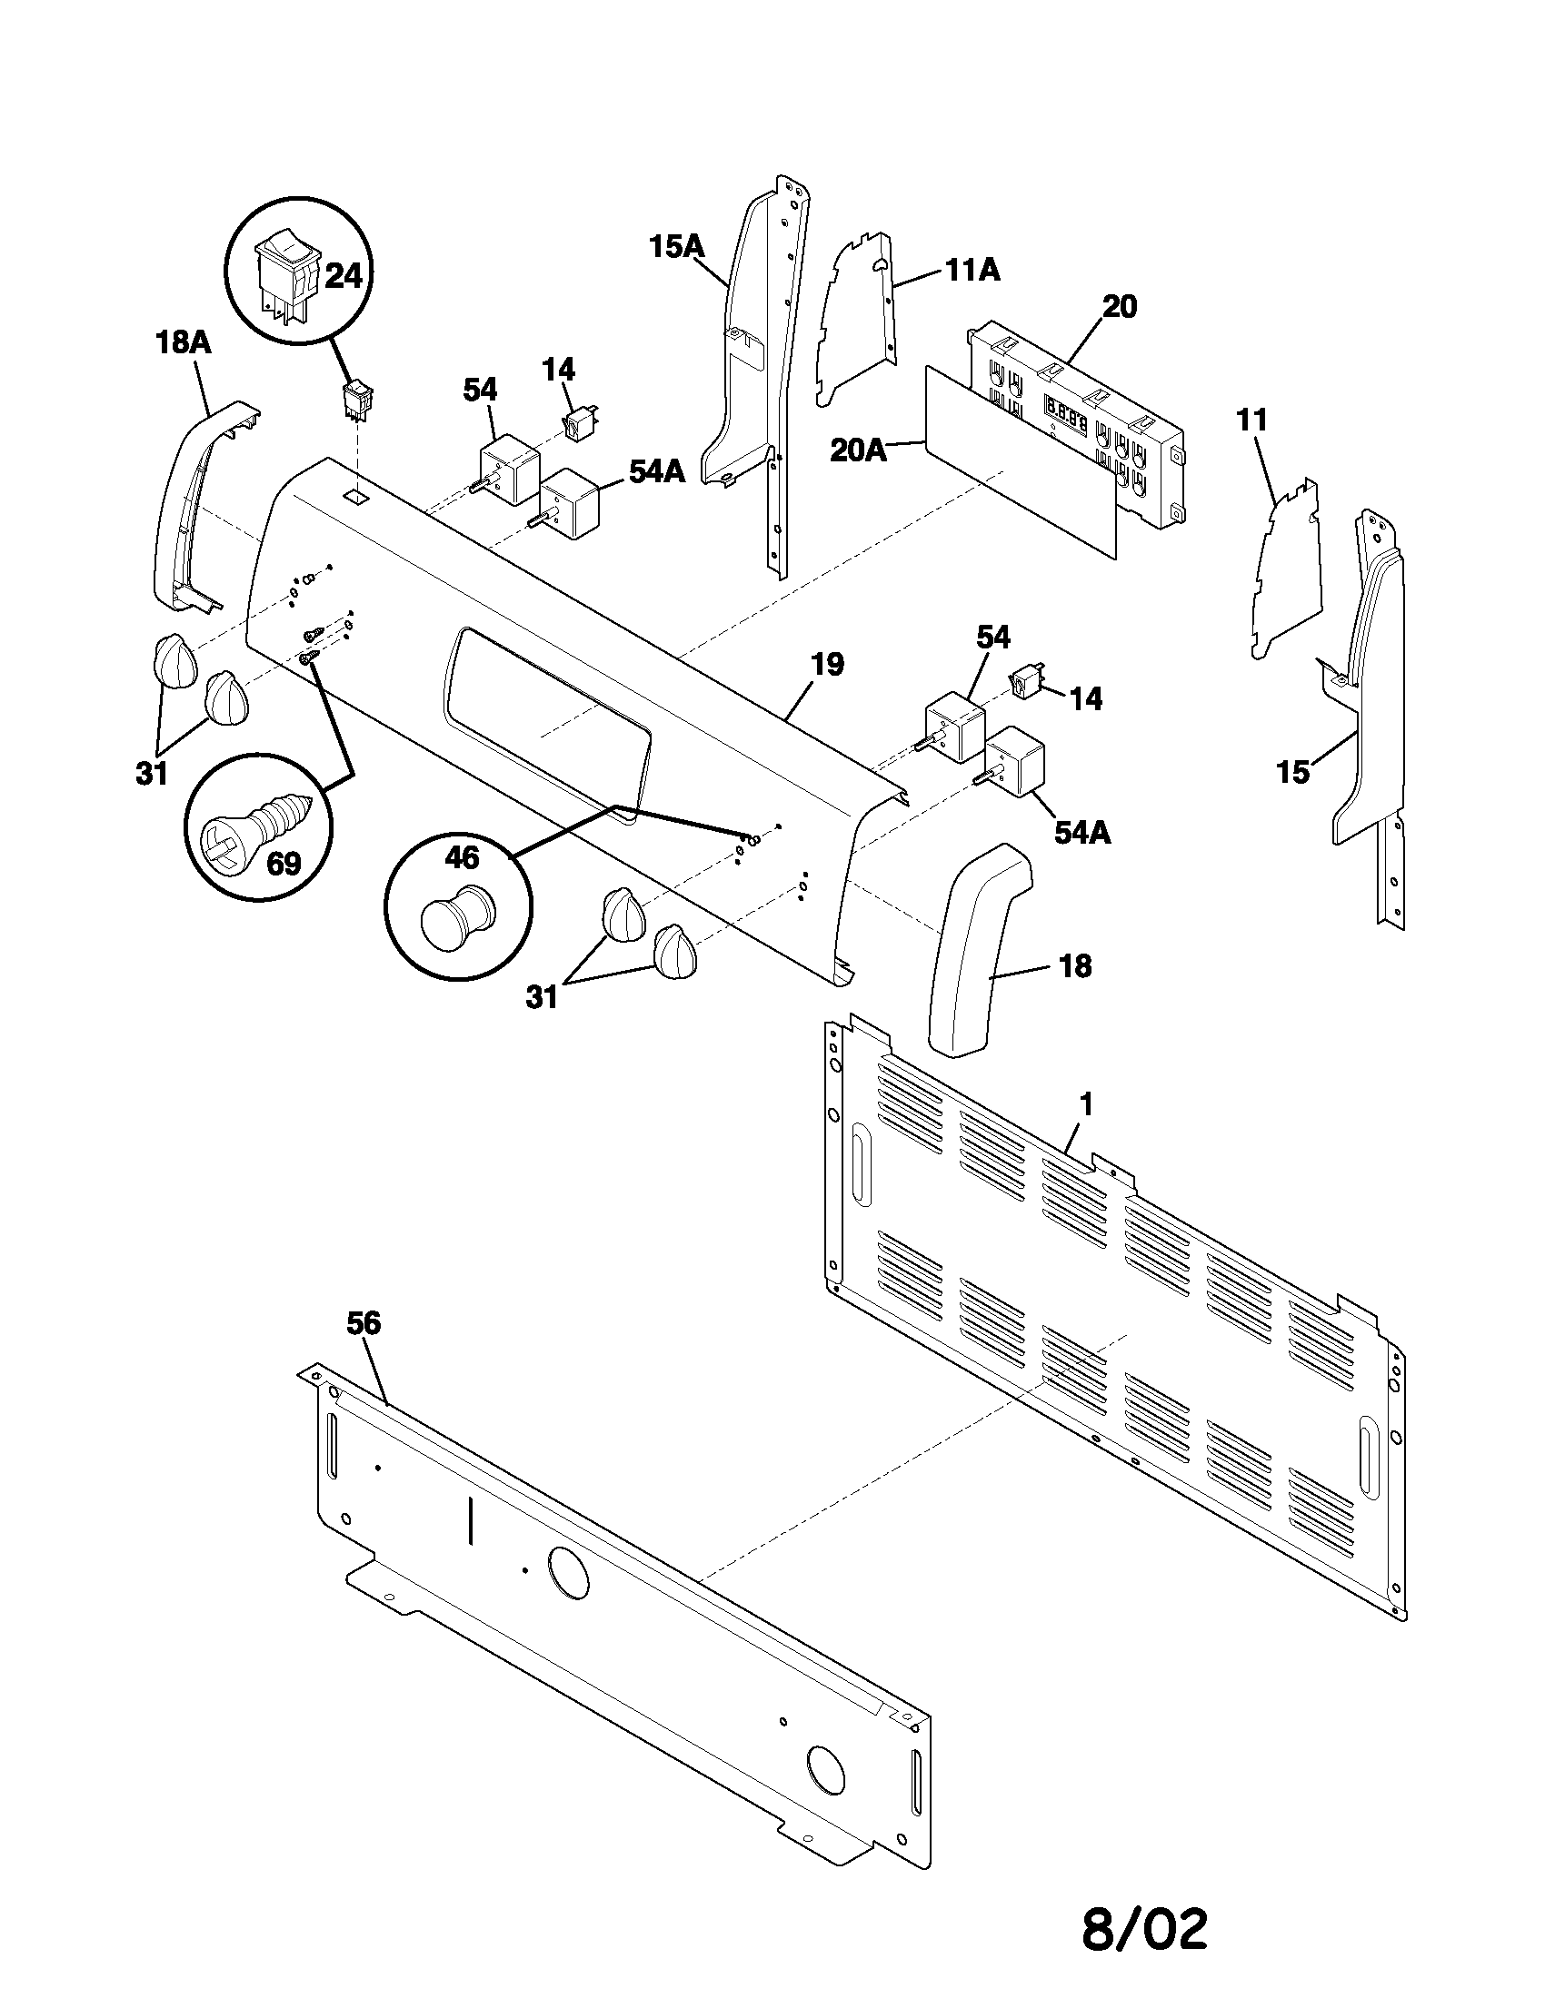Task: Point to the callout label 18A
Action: pos(181,343)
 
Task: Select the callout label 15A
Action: pos(676,246)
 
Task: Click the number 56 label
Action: pos(363,1324)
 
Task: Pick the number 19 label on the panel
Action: pos(826,664)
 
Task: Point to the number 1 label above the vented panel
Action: pos(1085,1105)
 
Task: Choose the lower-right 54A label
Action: pos(1081,833)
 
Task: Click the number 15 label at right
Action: pos(1292,773)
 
